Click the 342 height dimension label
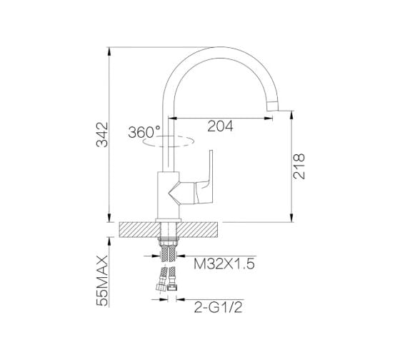pos(102,134)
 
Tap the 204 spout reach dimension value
pos(220,126)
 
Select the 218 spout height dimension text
pos(299,166)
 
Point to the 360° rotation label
pos(144,132)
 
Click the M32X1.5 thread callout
pos(224,264)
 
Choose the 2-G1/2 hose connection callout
pos(218,307)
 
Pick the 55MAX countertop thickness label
pos(102,281)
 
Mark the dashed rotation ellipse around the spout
pos(169,146)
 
